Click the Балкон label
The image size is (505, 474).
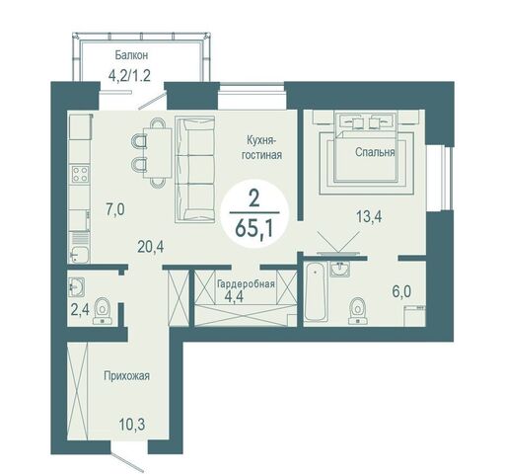coord(131,55)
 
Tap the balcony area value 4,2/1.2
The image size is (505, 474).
coord(129,76)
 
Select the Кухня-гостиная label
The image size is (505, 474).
coord(261,147)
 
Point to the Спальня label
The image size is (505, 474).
coord(375,152)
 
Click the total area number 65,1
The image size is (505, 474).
coord(254,229)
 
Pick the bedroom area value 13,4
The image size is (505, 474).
coord(370,216)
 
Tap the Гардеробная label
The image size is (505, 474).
coord(247,283)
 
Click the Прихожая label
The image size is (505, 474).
coord(126,375)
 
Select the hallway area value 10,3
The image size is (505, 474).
coord(132,425)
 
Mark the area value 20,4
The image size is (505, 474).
coord(151,247)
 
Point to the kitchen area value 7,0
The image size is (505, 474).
coord(115,209)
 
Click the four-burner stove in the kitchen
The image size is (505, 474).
coord(80,174)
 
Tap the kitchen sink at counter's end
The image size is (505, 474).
coord(79,254)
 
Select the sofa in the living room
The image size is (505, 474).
coord(194,169)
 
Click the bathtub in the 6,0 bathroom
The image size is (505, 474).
coord(316,291)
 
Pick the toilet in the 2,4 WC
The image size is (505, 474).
coord(103,311)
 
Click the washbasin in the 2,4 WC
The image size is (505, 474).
coord(77,286)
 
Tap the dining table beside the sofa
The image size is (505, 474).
coord(158,153)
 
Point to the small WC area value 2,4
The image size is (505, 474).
coord(80,310)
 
